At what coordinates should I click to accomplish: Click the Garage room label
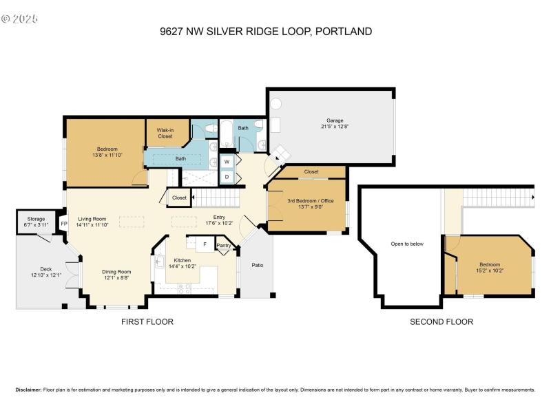pos(335,120)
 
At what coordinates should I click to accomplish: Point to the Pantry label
pos(223,245)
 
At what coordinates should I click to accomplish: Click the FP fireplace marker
pos(64,224)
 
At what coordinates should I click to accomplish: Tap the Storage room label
pos(31,219)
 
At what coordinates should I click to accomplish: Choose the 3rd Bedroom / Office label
pos(306,200)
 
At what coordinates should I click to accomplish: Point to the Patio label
pos(258,265)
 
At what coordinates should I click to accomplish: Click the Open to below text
pos(407,244)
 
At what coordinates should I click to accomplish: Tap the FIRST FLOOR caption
pos(147,321)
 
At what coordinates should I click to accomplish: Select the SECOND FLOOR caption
pos(441,321)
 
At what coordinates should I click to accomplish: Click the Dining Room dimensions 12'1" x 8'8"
pos(116,278)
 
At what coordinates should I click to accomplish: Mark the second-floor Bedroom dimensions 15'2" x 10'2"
pos(490,271)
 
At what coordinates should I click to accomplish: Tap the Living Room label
pos(92,218)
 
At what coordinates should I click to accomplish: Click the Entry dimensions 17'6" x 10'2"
pos(219,223)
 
